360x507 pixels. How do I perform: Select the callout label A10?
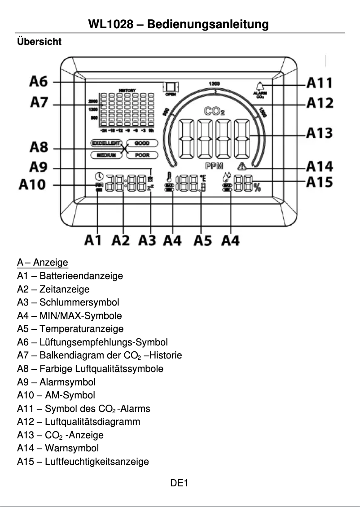tap(32, 184)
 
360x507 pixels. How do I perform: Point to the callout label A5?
tap(203, 241)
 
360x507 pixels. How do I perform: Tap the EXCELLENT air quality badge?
tap(106, 144)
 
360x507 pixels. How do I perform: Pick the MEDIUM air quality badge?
tap(106, 155)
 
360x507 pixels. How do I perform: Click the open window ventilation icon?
tap(171, 87)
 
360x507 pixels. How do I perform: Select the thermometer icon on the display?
tap(169, 177)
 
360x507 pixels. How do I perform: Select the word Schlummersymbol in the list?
tap(79, 302)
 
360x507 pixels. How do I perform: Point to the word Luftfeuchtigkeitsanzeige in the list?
tap(97, 461)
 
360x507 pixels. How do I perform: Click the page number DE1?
tap(179, 483)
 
